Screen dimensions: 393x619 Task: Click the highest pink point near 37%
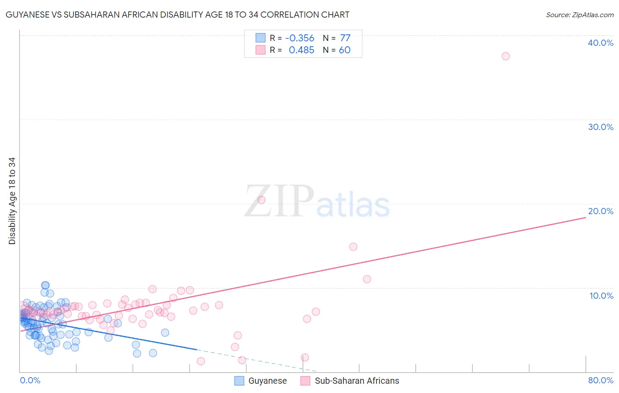tap(505, 56)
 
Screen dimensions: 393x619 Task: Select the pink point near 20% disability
tap(261, 200)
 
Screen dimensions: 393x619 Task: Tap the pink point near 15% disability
tap(353, 247)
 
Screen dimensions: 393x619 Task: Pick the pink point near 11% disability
tap(367, 279)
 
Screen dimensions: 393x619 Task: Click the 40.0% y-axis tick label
tap(601, 43)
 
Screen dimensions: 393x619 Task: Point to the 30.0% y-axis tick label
tap(601, 127)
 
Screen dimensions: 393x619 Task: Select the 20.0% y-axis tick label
tap(601, 211)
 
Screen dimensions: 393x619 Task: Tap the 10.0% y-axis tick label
tap(601, 296)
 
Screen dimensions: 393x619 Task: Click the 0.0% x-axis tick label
tap(30, 380)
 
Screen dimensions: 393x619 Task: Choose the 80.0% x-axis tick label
tap(601, 380)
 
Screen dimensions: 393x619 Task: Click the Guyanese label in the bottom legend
tap(267, 381)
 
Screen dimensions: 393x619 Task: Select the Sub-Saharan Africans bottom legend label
tap(357, 381)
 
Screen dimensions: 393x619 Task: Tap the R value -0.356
tap(300, 38)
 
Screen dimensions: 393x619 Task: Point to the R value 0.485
tap(302, 50)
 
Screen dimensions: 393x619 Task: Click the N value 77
tap(345, 38)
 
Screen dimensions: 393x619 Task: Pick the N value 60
tap(345, 50)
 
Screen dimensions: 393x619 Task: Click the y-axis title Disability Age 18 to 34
tap(12, 201)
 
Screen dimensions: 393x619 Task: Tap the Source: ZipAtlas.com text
tap(579, 15)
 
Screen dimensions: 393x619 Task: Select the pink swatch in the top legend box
tap(261, 50)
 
